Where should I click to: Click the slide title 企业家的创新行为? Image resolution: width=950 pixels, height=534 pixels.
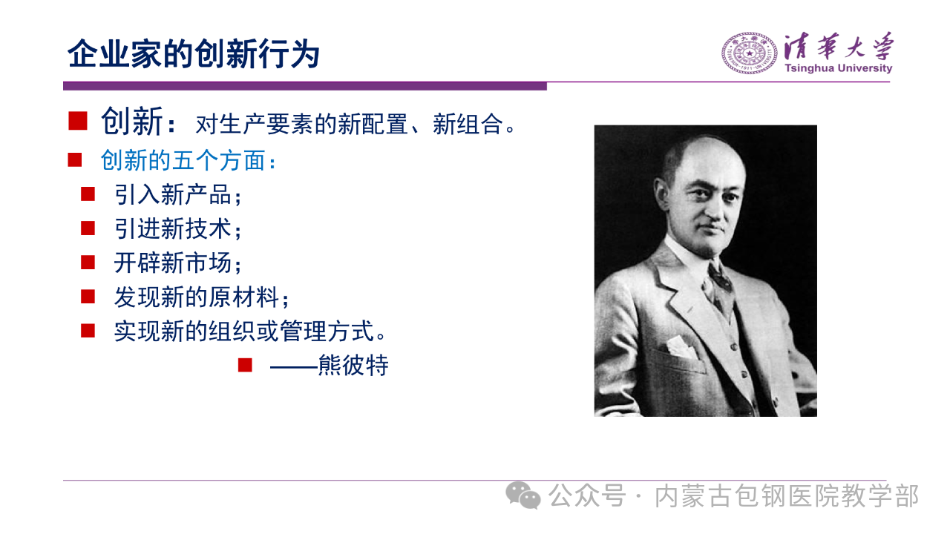click(194, 54)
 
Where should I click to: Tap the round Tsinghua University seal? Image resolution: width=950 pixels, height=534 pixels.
click(750, 53)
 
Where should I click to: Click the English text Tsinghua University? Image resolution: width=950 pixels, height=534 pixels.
click(838, 68)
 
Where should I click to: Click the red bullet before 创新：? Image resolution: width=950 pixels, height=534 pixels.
click(78, 121)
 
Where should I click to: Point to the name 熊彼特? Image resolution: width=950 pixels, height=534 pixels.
click(353, 366)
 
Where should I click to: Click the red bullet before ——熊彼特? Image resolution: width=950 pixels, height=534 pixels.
click(245, 365)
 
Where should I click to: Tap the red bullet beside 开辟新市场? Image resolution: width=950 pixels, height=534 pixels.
click(88, 263)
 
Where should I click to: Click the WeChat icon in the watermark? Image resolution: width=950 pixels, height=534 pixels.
click(523, 495)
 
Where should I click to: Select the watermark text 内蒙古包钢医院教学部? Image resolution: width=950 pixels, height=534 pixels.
click(787, 496)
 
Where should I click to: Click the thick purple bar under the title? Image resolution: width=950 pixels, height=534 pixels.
click(305, 86)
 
